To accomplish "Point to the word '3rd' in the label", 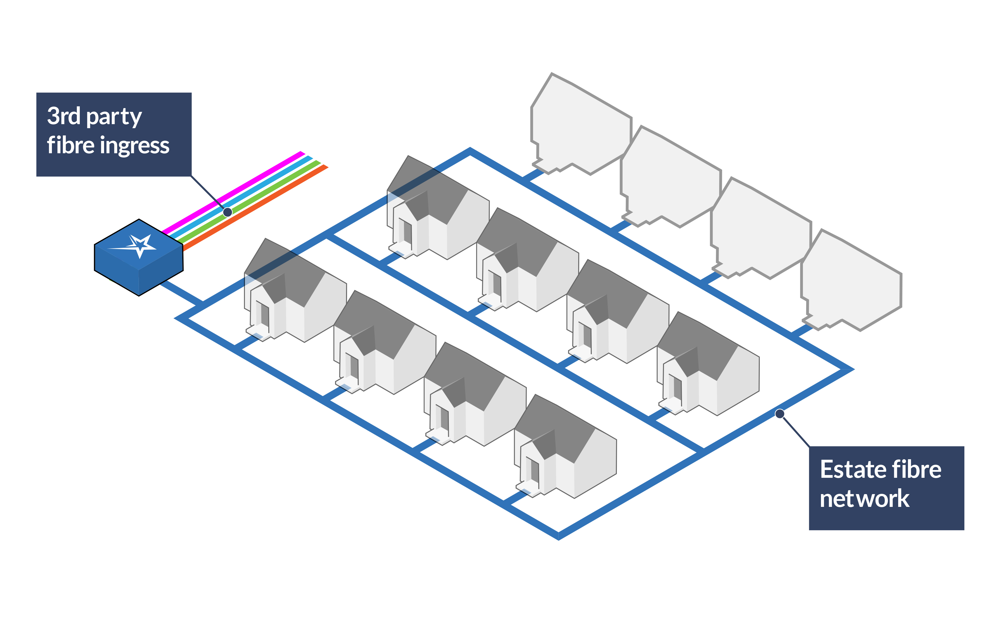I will [x=63, y=116].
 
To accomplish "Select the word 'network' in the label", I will [x=864, y=499].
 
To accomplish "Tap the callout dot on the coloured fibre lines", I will [x=227, y=212].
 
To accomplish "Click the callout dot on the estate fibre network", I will [x=779, y=413].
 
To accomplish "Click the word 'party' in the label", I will [x=114, y=117].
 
